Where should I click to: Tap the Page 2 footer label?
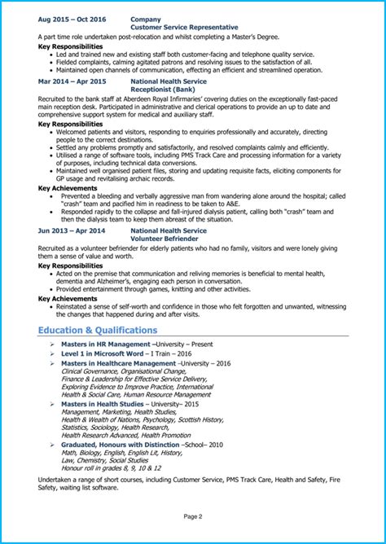pos(193,516)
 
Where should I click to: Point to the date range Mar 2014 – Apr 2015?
pos(72,81)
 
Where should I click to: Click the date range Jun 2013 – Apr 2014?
pos(72,230)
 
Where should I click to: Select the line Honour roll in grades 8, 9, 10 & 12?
pos(111,468)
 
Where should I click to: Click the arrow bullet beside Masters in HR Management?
pos(52,344)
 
